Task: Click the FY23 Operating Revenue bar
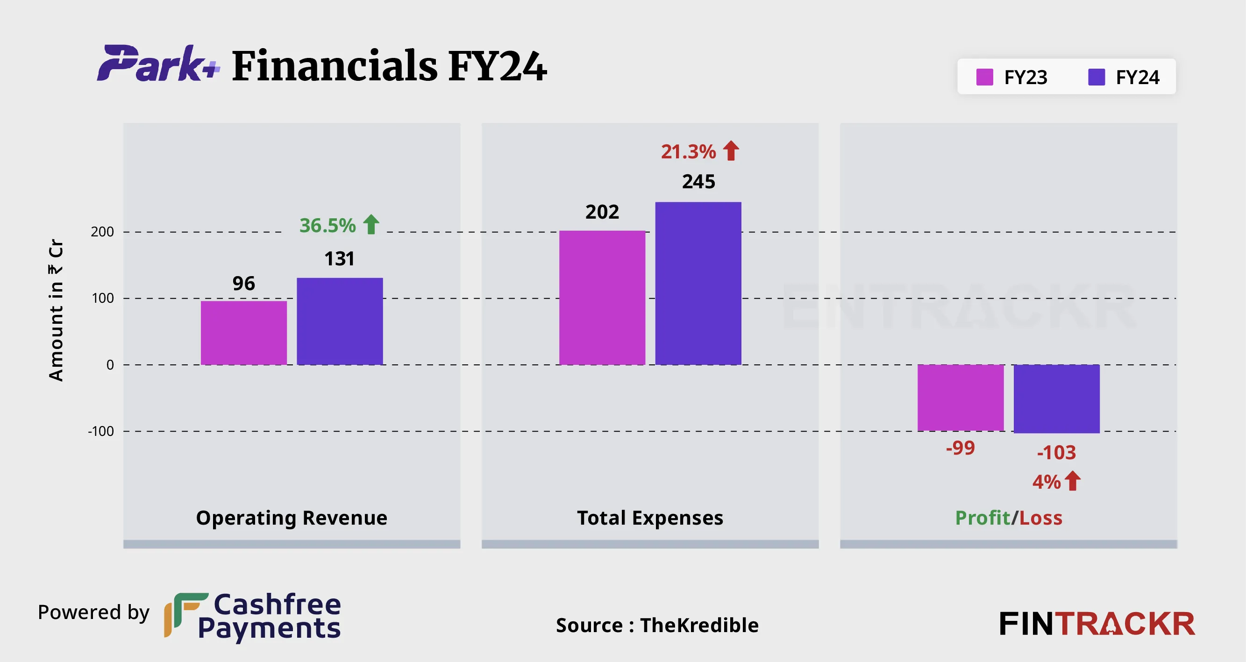tap(244, 333)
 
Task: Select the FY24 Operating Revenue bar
tap(340, 321)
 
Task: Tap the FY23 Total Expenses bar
tap(602, 298)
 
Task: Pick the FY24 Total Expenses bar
tap(698, 284)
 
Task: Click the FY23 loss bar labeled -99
tap(961, 398)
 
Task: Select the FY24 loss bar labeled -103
tap(1056, 399)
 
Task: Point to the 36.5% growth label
tap(328, 225)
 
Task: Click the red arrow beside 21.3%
tap(731, 151)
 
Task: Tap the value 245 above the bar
tap(698, 182)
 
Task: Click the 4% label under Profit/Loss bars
tap(1046, 482)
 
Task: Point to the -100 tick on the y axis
tap(100, 431)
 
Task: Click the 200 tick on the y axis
tap(102, 232)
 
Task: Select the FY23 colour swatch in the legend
tap(984, 77)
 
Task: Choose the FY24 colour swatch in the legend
tap(1096, 77)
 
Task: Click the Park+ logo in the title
tap(158, 64)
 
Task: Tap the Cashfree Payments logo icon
tap(185, 614)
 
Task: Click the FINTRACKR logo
tap(1096, 624)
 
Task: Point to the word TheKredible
tap(699, 625)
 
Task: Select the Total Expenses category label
tap(650, 518)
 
